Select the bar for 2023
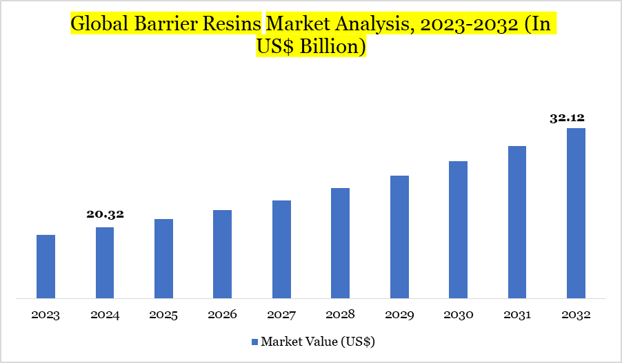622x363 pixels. (x=46, y=267)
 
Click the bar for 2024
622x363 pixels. (x=105, y=262)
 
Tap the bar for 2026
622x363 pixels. (x=222, y=254)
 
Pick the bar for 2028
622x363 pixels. (x=340, y=243)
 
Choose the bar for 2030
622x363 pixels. (x=458, y=229)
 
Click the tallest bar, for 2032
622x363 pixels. (x=576, y=213)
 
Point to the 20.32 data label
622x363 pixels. (x=105, y=214)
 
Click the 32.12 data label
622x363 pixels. (x=568, y=118)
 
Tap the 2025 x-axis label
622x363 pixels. (x=163, y=315)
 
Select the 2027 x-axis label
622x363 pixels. (x=281, y=315)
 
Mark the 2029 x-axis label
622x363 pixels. (x=399, y=315)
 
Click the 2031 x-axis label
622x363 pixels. (x=517, y=315)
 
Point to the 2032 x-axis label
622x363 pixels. (x=576, y=315)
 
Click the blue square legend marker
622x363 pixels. (x=254, y=342)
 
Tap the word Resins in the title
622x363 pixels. (x=230, y=24)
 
